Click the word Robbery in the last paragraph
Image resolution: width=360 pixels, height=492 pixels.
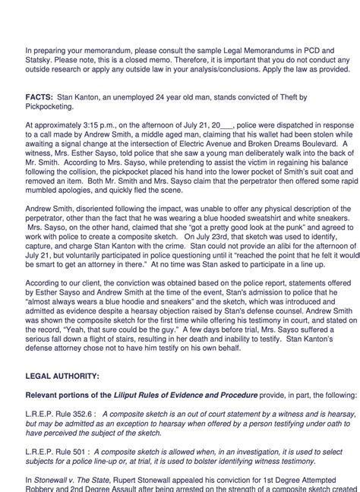click(42, 489)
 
